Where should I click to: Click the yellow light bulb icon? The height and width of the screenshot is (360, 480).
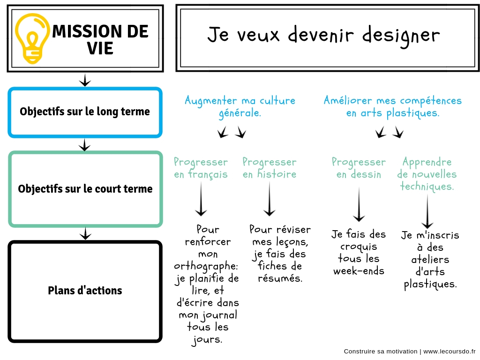tap(32, 38)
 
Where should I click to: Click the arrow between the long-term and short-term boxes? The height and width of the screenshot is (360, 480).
tap(85, 145)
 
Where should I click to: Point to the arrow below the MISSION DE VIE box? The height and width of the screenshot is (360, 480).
tap(85, 80)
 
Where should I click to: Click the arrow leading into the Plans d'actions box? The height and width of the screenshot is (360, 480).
tap(85, 233)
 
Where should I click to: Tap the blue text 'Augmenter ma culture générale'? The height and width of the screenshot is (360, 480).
tap(240, 106)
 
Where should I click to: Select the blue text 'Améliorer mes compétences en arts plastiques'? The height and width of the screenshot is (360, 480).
tap(393, 106)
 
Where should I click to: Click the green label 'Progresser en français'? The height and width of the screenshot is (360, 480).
tap(201, 168)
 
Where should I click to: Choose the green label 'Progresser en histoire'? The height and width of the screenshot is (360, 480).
tap(270, 168)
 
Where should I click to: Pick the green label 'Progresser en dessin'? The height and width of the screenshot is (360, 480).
tap(359, 168)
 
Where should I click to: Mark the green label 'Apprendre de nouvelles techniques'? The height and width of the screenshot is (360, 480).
tap(427, 174)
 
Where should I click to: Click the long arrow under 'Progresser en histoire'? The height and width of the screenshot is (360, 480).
tap(270, 199)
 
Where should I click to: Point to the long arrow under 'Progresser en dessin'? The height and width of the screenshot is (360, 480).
tap(359, 204)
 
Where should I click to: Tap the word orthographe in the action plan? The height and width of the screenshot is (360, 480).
tap(206, 266)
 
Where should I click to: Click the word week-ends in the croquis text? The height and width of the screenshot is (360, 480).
tap(359, 271)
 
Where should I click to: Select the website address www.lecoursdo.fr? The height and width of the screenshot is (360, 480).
tap(450, 352)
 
